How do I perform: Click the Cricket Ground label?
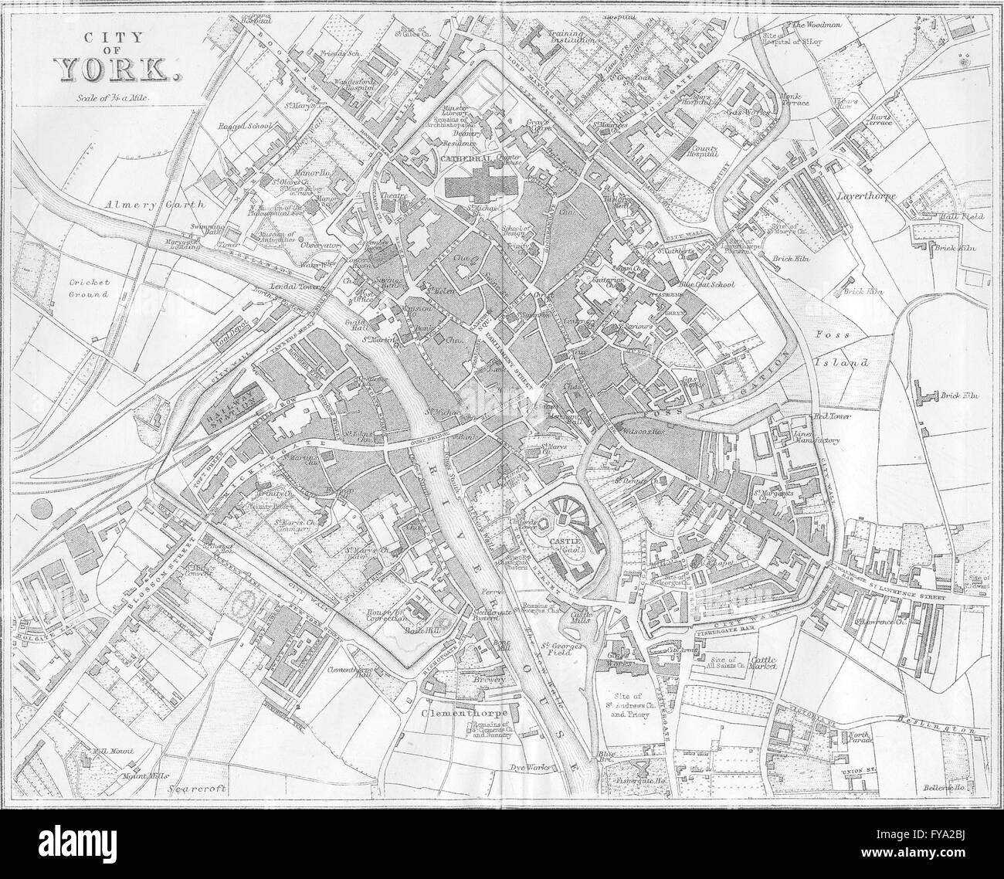pos(89,289)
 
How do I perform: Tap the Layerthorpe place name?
pos(864,196)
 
